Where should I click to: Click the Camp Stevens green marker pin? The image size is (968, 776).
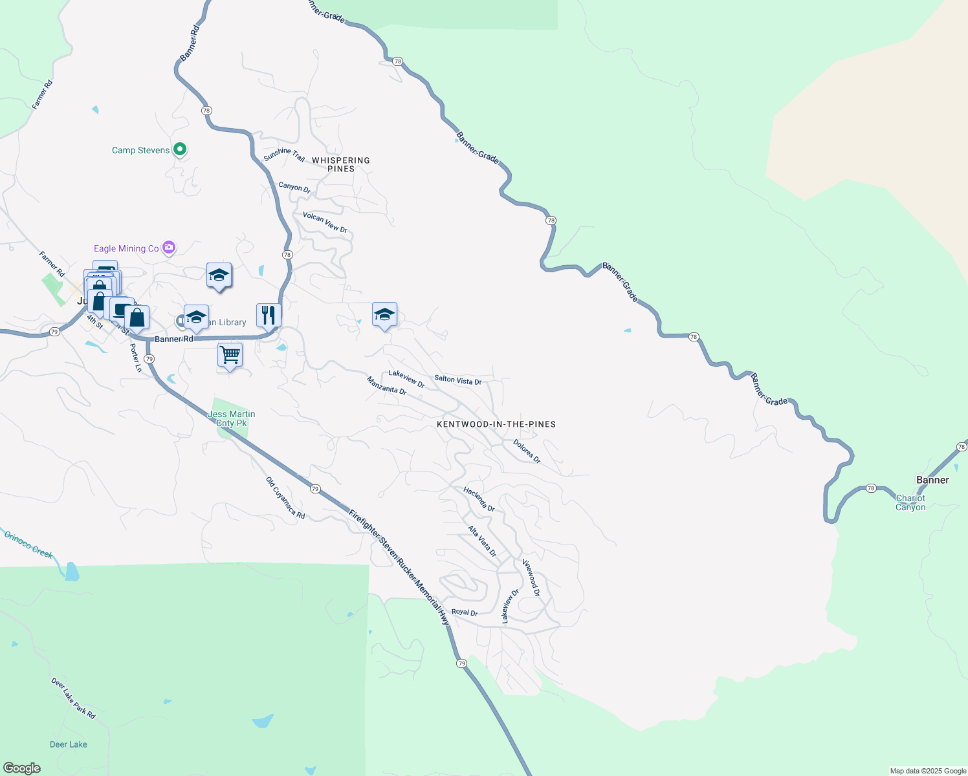[x=181, y=149]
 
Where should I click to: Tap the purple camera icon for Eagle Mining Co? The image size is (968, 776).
[x=169, y=248]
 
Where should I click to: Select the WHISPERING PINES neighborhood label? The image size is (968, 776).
[x=341, y=164]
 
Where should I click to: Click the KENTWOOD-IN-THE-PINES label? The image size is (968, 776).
[x=496, y=424]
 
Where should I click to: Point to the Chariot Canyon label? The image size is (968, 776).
[x=910, y=502]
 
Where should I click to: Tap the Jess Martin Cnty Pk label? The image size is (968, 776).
[x=232, y=418]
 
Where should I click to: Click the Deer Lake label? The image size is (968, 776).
[x=69, y=744]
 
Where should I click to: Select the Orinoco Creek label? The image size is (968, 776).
[x=28, y=544]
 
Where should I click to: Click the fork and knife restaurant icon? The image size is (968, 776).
[x=269, y=315]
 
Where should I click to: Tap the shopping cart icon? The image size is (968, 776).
[x=230, y=355]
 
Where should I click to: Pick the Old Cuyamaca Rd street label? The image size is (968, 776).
[x=285, y=498]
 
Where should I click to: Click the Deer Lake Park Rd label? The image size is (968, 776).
[x=73, y=698]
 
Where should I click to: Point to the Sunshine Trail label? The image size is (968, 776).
[x=284, y=155]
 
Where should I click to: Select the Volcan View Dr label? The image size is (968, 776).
[x=325, y=222]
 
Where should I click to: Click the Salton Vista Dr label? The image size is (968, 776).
[x=457, y=380]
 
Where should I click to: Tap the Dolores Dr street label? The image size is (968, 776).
[x=527, y=451]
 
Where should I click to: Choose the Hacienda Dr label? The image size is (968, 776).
[x=479, y=499]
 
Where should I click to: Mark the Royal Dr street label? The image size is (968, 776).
[x=464, y=612]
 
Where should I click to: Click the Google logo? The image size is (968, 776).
[x=22, y=768]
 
